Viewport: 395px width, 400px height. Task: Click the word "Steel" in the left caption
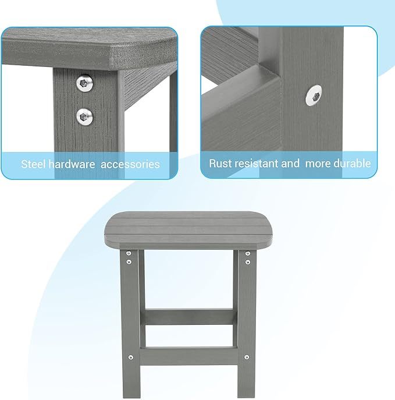[x=33, y=164]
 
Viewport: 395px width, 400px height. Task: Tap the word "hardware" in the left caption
[x=72, y=164]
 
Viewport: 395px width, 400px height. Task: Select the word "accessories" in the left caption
[x=130, y=164]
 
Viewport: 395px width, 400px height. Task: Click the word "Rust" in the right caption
[x=221, y=164]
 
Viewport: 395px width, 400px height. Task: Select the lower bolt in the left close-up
[x=86, y=117]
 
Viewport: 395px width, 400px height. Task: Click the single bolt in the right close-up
[x=315, y=95]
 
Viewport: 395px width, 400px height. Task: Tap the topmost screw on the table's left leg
[x=129, y=254]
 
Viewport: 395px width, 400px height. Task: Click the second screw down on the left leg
[x=129, y=263]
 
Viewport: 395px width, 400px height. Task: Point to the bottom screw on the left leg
[x=131, y=357]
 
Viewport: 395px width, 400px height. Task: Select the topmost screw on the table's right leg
[x=248, y=254]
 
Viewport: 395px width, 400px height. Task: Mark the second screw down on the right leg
[x=248, y=263]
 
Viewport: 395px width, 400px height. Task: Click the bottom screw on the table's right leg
[x=247, y=357]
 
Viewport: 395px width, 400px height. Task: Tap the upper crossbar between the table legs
[x=189, y=317]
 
